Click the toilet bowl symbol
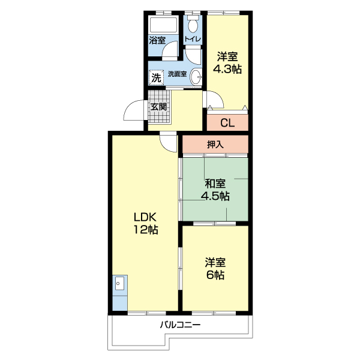(x=193, y=24)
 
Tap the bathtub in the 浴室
(x=163, y=25)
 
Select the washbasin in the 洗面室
(x=196, y=76)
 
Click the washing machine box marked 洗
(x=157, y=77)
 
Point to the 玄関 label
(x=158, y=107)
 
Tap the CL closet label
(x=227, y=123)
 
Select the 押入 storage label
(x=215, y=145)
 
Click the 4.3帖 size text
(x=227, y=68)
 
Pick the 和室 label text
(x=215, y=184)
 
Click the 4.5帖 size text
(x=215, y=196)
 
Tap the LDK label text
(x=145, y=217)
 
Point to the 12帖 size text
(x=146, y=229)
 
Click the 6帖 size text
(x=215, y=275)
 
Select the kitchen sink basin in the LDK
(x=119, y=283)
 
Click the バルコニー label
(x=181, y=325)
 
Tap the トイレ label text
(x=193, y=39)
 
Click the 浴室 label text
(x=157, y=40)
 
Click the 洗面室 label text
(x=177, y=74)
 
